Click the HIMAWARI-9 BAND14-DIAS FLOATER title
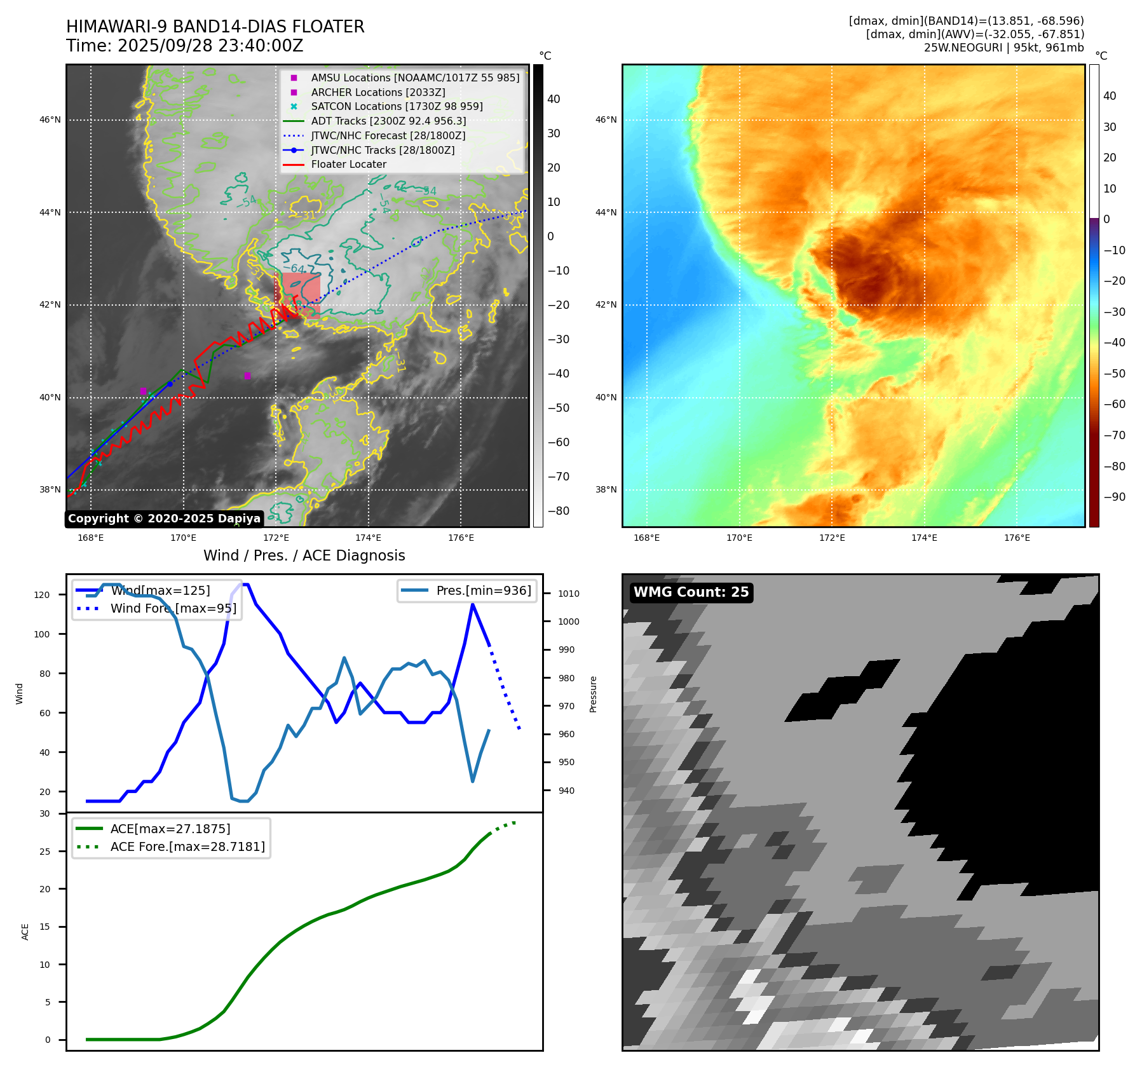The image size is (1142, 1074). pos(215,27)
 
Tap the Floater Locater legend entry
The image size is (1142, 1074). pos(348,164)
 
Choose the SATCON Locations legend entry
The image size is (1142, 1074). pos(397,106)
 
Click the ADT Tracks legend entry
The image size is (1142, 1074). pos(388,121)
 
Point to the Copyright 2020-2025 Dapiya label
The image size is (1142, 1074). pos(164,519)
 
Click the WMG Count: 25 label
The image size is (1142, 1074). pos(691,592)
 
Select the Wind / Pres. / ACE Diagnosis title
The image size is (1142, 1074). pos(304,555)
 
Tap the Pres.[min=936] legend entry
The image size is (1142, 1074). pos(483,590)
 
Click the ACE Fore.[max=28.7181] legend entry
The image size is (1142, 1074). pos(187,846)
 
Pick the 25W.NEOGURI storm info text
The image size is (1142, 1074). pos(1003,48)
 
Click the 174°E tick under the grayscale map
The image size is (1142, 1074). pos(368,538)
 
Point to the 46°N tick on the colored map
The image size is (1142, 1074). pos(606,119)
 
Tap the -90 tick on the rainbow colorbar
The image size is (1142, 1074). pos(1114,497)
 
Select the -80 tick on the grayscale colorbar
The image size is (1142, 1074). pos(559,511)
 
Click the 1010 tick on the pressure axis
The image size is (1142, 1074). pos(569,594)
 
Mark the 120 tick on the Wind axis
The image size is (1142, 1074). pos(42,595)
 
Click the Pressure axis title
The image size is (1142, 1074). pos(593,694)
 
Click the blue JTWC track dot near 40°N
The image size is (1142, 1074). pos(170,384)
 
